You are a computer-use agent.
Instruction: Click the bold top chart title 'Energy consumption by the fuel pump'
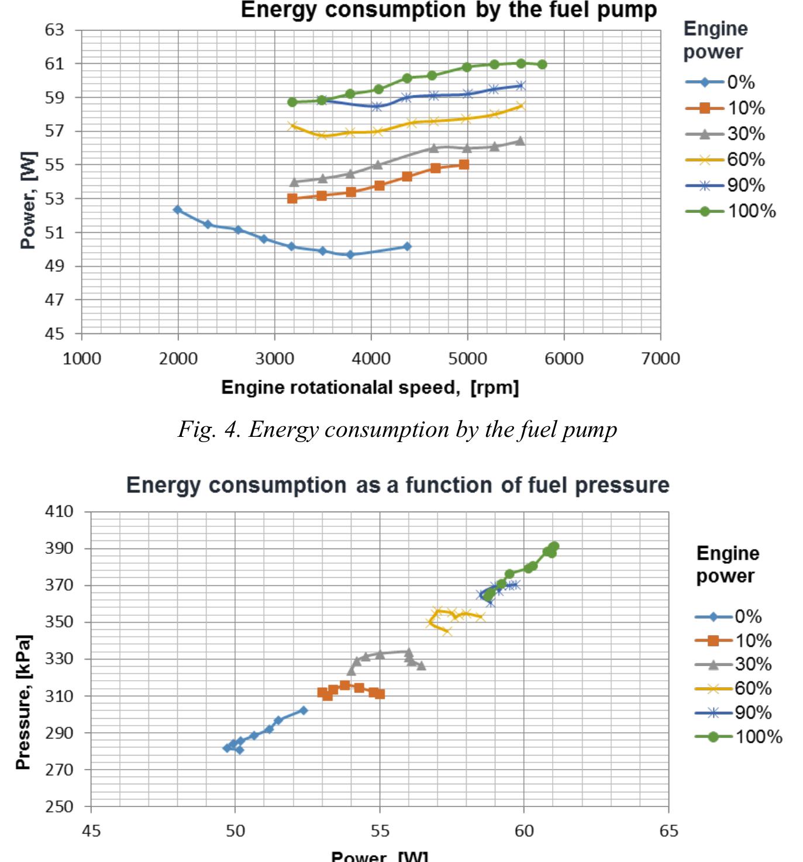[449, 10]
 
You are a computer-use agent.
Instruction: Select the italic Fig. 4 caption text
[397, 430]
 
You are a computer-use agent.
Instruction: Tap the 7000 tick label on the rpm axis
[660, 358]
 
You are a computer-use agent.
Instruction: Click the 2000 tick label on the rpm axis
[178, 358]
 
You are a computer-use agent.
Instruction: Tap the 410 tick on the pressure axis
[59, 512]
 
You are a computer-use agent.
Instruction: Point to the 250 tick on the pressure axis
[59, 806]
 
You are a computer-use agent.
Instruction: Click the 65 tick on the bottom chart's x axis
[668, 831]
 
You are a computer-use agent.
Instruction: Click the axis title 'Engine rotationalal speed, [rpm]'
[370, 388]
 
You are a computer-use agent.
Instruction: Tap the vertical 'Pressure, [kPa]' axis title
[23, 702]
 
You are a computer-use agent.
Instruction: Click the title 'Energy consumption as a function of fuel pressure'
[398, 485]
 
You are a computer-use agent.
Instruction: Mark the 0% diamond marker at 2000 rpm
[178, 209]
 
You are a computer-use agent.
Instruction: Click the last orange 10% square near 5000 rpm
[464, 165]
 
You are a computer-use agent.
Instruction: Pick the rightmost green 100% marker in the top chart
[542, 64]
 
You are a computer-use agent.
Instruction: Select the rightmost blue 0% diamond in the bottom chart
[303, 711]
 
